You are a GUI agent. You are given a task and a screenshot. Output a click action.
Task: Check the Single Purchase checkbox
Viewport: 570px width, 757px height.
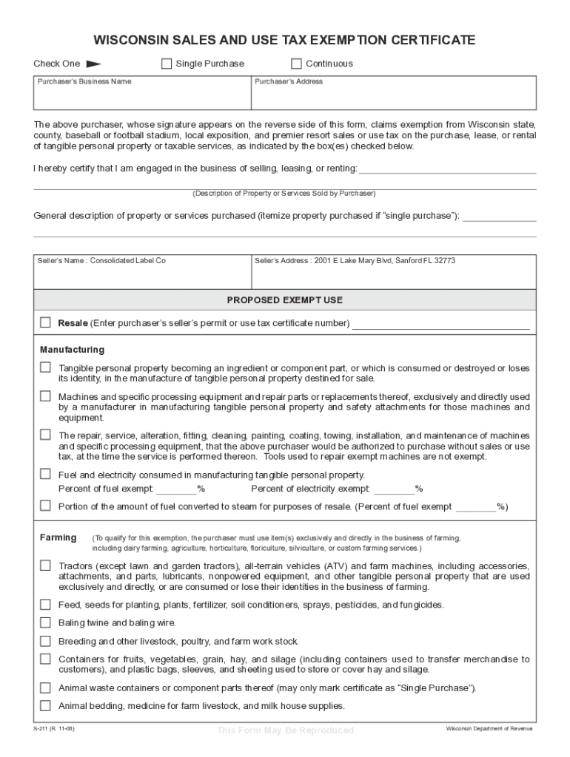pos(167,64)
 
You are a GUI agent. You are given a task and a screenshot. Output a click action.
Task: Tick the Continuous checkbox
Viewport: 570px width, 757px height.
pos(296,64)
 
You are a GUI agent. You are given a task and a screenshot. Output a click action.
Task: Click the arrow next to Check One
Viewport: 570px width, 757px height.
pos(93,64)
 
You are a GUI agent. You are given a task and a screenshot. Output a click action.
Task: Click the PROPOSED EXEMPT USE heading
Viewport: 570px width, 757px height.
pos(285,300)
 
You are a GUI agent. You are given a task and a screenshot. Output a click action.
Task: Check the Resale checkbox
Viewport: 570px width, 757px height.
pos(46,322)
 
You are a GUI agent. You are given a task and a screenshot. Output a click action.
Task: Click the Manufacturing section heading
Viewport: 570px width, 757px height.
pos(72,349)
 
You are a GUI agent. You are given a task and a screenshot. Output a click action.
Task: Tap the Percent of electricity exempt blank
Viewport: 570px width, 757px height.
pos(394,489)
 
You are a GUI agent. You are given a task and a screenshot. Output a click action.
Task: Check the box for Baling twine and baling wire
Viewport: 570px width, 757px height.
pos(46,622)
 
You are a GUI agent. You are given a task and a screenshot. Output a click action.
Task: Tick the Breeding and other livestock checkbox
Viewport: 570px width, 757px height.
pos(46,641)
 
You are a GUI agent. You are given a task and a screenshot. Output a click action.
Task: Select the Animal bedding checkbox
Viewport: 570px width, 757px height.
pos(46,705)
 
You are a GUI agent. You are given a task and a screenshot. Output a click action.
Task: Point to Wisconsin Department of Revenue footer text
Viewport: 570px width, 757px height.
pos(489,728)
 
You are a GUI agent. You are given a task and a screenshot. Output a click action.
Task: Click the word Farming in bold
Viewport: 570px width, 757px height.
pos(58,537)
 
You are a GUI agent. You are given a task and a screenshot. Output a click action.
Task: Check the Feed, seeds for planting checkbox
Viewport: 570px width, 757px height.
pos(46,604)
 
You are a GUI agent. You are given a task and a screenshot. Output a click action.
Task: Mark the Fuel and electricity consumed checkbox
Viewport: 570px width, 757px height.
pos(46,475)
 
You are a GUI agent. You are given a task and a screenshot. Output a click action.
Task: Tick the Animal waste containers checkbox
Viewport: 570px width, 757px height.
pos(46,687)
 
